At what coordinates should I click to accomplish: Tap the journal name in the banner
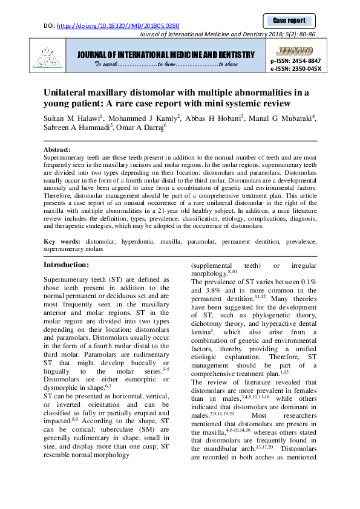[165, 55]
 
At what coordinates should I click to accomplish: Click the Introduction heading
[67, 265]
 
